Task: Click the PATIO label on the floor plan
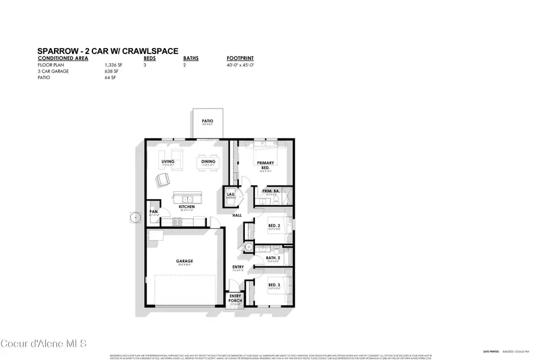coord(208,121)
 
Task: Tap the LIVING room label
coord(167,161)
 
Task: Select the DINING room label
coord(208,161)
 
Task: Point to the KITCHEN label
coord(187,207)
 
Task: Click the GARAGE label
coord(184,261)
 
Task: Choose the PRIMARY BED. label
coord(265,165)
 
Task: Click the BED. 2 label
coord(274,226)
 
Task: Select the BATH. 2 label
coord(274,258)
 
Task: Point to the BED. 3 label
coord(274,284)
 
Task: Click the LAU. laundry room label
coord(230,194)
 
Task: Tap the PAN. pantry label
coord(154,211)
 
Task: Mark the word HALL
coord(237,215)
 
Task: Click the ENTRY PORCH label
coord(236,298)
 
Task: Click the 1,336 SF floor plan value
coord(112,65)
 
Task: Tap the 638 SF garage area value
coord(110,71)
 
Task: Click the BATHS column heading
coord(191,59)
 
